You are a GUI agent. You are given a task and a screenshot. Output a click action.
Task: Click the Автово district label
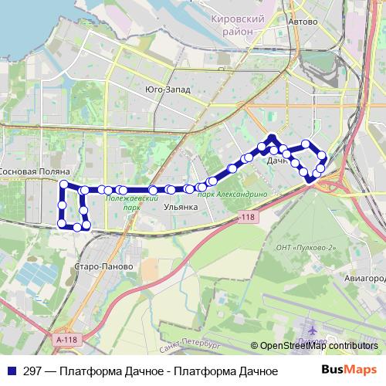tap(302, 22)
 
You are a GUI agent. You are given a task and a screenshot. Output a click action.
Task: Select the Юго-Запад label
tap(168, 89)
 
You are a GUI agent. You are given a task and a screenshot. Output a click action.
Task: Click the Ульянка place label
tap(182, 207)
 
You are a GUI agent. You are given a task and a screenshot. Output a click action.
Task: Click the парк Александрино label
tap(232, 195)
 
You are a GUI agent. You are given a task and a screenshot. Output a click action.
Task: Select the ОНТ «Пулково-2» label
tap(306, 247)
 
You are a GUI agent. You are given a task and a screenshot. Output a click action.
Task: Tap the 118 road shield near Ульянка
tap(246, 218)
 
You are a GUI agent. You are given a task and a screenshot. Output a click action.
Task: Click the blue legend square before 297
tap(12, 371)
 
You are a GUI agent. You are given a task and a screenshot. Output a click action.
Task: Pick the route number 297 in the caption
tap(32, 371)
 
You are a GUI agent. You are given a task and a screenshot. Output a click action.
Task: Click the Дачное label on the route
tap(279, 162)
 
